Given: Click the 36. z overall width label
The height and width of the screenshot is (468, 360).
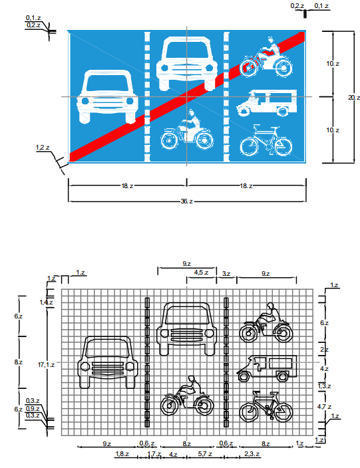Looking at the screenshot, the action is (187, 201).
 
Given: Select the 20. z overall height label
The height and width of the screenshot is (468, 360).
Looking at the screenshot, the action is (354, 98).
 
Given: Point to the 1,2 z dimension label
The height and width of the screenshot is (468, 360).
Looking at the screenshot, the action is (43, 148).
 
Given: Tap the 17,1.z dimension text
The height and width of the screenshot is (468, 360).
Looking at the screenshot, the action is (47, 365).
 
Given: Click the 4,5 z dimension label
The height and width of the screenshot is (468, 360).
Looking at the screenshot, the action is (201, 272).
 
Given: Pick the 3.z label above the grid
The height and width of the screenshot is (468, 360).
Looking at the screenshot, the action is (226, 274).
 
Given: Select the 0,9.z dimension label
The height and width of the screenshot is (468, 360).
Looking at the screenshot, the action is (33, 409).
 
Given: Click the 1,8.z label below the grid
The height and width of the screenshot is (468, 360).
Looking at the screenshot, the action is (122, 454).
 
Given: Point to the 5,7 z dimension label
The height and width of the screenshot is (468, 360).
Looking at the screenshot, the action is (205, 454).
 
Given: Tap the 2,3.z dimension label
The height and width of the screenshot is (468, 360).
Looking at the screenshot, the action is (252, 454).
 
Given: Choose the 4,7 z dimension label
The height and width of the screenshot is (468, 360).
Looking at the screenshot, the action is (324, 407).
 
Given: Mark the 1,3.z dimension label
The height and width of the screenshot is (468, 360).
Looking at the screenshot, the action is (325, 386).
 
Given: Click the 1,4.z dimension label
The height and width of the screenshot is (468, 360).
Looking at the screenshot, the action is (46, 302).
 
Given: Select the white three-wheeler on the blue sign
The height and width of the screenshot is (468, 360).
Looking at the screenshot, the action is (267, 103).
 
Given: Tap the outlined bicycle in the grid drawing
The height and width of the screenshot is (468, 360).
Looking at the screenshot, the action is (266, 406).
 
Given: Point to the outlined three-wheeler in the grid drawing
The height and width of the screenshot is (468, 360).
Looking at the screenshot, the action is (267, 368).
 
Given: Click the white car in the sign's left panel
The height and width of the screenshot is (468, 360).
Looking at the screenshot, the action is (107, 96).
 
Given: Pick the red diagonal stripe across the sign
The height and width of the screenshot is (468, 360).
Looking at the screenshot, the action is (187, 96).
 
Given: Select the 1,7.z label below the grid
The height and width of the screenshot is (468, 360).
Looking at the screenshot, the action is (154, 454).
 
